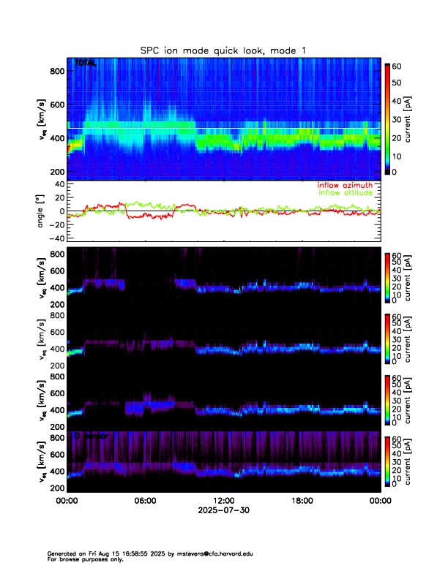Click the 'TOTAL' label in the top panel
pos(85,64)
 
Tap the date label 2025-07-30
pos(224,510)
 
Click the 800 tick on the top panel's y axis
pos(56,71)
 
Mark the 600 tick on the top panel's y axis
pos(56,105)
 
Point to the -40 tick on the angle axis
pos(56,238)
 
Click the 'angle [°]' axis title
pos(42,211)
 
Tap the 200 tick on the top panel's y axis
pos(56,171)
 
